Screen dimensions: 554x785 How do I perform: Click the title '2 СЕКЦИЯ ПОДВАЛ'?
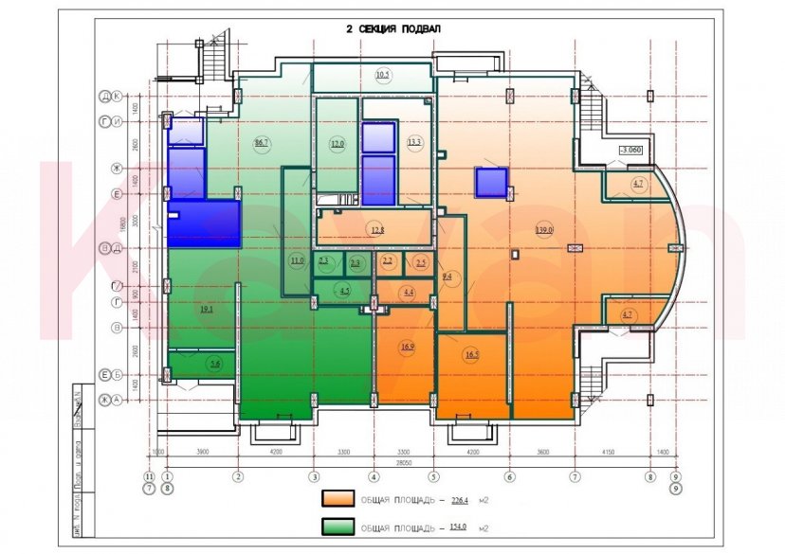click(392, 29)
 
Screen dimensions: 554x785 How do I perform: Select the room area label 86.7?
click(262, 143)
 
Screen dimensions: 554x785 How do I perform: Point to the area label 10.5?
click(382, 75)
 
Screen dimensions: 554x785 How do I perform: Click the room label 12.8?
click(376, 229)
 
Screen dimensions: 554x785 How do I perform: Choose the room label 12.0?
click(337, 144)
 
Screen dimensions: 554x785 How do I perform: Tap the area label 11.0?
click(298, 260)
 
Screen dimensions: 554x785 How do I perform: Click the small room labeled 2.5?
click(421, 261)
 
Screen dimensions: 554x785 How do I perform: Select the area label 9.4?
click(447, 277)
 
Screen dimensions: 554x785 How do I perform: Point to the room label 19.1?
click(206, 309)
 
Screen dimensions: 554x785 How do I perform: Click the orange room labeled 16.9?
click(408, 348)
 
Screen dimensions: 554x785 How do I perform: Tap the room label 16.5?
click(471, 355)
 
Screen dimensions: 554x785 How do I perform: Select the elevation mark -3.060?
click(629, 150)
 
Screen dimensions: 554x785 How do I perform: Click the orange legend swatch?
click(337, 498)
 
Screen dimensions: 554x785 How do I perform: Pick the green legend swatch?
click(337, 527)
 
